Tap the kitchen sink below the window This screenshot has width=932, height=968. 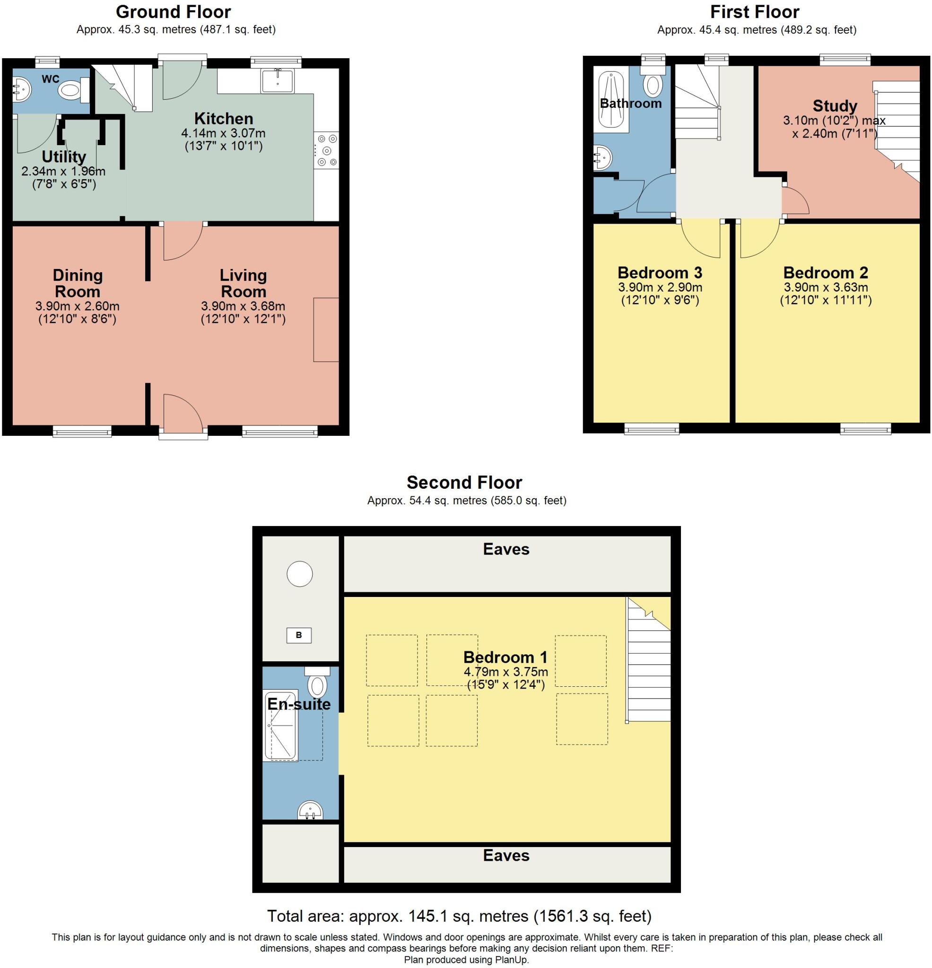pos(277,80)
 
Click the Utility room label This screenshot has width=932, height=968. pos(64,157)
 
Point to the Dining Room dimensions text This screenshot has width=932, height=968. pos(77,312)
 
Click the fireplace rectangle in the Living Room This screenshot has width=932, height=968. pos(326,329)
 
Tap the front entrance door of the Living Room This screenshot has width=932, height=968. pos(183,412)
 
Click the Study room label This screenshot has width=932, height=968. pos(835,106)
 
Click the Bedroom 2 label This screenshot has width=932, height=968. pos(825,273)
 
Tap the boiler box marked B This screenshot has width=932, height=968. pos(298,635)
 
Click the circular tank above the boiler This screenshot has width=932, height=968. pos(299,574)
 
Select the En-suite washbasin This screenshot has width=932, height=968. pos(310,811)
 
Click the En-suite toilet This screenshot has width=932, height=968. pos(317,683)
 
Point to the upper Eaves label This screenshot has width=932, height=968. pos(506,549)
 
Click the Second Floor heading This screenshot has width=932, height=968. pos(464,483)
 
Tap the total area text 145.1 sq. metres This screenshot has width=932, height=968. pos(459,916)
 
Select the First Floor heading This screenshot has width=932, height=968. pos(755,12)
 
